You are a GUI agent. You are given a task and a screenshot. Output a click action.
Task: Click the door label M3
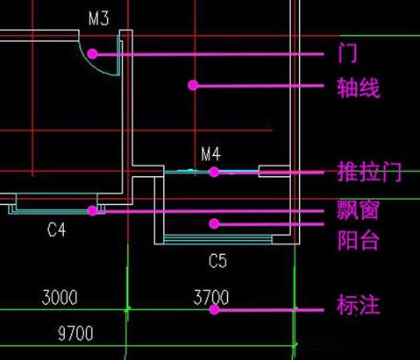point(98,18)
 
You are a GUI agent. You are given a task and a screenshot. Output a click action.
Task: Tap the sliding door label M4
point(210,154)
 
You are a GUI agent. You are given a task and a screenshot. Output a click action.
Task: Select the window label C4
point(57,230)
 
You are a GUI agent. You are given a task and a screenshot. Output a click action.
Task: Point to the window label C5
point(217,260)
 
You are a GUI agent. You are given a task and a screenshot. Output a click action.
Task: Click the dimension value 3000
point(60,298)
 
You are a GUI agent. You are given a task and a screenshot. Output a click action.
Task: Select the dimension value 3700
point(210,298)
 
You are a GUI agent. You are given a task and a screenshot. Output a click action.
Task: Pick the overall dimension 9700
point(75,334)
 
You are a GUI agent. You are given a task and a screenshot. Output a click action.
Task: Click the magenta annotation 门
point(347,53)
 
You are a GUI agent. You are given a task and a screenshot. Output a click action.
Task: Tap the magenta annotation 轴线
point(359,88)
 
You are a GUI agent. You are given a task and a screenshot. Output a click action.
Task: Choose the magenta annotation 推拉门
point(368,172)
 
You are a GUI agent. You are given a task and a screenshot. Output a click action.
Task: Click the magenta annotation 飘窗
point(359,210)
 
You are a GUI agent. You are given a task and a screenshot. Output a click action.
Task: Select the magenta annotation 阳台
point(359,240)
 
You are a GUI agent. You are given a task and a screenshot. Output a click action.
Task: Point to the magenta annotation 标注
point(359,307)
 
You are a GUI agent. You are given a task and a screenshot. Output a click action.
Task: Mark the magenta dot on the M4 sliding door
point(213,172)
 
